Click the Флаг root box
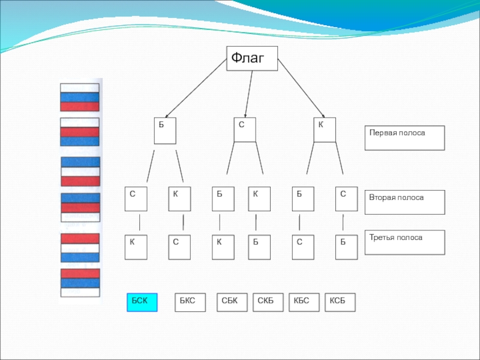(252, 58)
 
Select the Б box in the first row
(165, 131)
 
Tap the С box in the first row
(245, 129)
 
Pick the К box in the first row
(325, 130)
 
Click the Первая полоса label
(404, 137)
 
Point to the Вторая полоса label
(404, 202)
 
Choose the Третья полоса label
(404, 242)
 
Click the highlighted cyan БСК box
(142, 302)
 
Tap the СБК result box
(232, 302)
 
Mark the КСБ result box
(340, 302)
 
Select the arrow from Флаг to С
(249, 93)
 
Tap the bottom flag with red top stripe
(80, 283)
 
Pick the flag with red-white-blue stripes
(80, 247)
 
